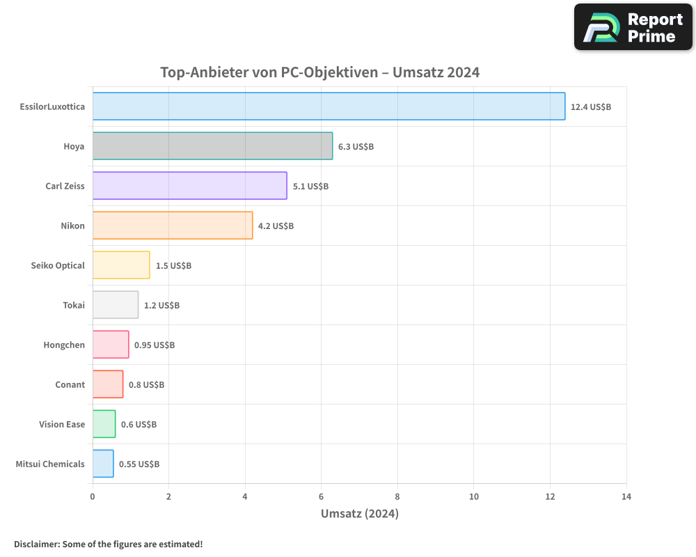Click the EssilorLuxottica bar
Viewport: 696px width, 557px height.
pos(329,107)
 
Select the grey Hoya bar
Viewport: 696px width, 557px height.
pos(212,146)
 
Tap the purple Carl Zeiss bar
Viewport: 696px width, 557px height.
pos(189,186)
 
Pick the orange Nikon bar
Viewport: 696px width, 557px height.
pos(173,226)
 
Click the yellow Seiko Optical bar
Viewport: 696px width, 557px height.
pos(121,265)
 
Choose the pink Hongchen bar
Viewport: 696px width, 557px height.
pos(111,345)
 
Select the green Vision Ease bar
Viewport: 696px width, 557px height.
pos(104,424)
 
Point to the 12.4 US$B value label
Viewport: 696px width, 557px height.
pos(590,107)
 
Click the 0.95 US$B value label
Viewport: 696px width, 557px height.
pos(155,345)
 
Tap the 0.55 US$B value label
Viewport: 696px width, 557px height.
pos(139,464)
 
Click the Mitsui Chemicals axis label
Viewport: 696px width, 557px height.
pos(50,464)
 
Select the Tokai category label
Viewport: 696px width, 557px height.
pos(73,305)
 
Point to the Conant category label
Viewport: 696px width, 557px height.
pos(70,384)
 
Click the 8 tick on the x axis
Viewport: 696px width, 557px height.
pos(397,496)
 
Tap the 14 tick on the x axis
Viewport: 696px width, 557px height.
pos(626,496)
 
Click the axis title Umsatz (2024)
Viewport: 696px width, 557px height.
pos(359,514)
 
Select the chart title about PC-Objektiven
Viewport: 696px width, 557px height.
pos(319,72)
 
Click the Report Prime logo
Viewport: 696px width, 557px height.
pos(633,27)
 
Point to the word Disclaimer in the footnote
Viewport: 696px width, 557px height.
pos(36,544)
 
